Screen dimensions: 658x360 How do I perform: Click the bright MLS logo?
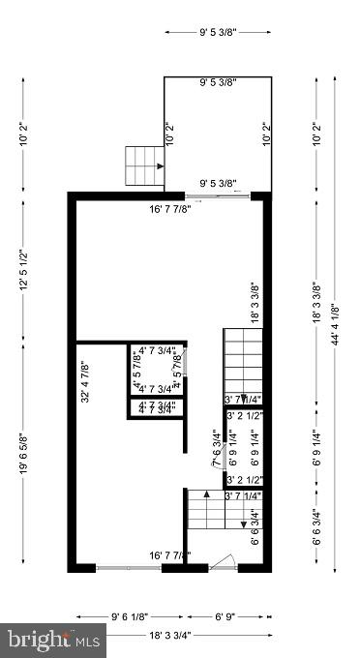pos(54,639)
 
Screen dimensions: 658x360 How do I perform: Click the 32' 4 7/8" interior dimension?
pos(84,381)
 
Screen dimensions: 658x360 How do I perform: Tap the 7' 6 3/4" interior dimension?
pos(215,447)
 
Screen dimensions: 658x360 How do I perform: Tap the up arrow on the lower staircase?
pos(206,523)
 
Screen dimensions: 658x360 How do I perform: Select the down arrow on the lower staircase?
pos(242,523)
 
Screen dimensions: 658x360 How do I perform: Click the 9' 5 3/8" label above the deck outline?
pos(218,32)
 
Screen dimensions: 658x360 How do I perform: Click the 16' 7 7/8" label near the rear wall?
pos(169,208)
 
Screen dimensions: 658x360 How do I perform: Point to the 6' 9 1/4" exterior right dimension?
pos(315,455)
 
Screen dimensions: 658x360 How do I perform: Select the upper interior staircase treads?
pos(242,360)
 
